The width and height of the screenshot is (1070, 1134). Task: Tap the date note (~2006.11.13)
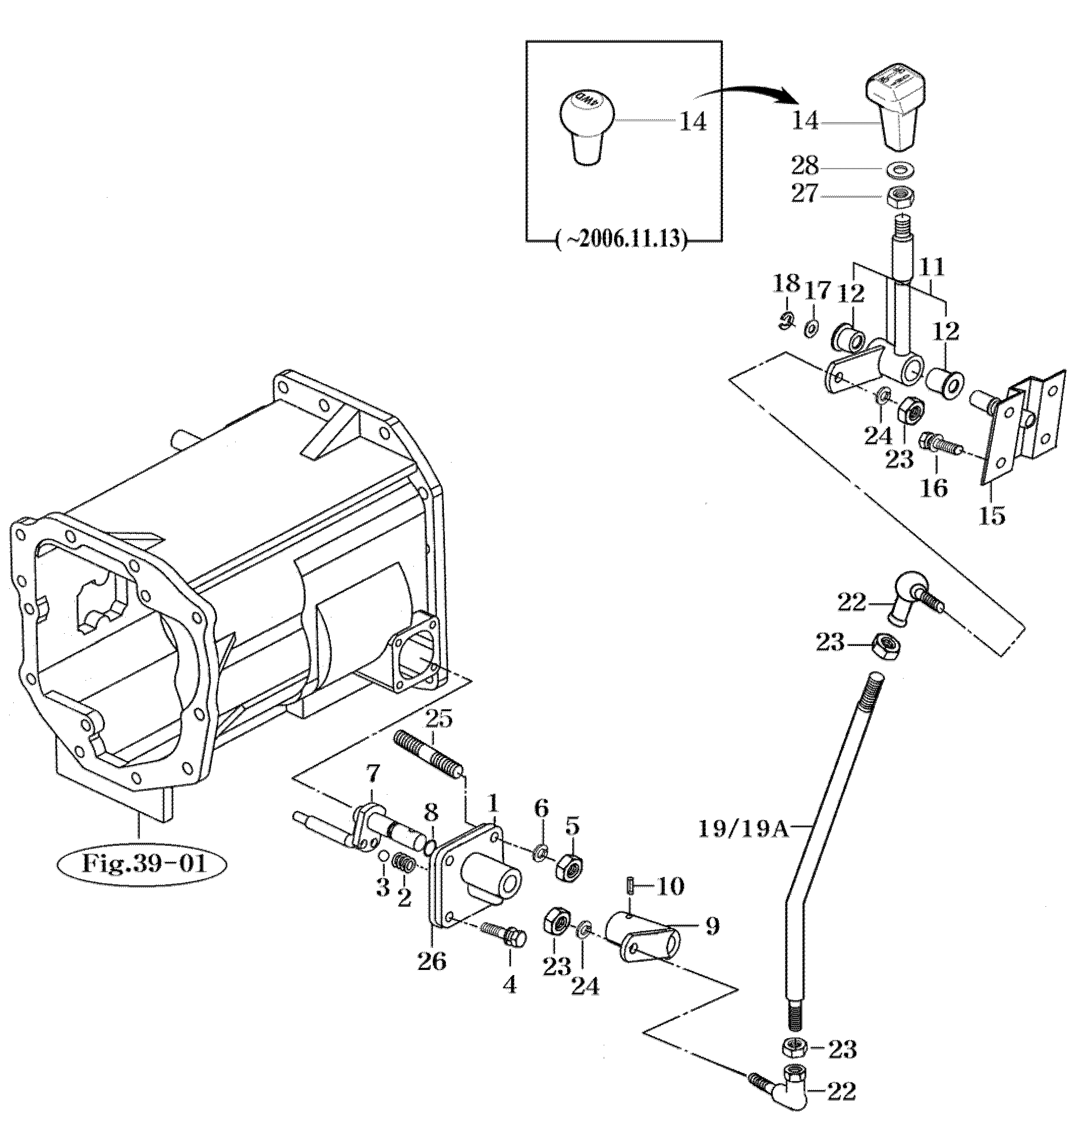tap(621, 238)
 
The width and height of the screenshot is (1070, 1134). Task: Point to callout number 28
tap(804, 167)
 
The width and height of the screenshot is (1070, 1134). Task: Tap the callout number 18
tap(786, 284)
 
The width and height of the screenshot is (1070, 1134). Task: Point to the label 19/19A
tap(744, 829)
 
